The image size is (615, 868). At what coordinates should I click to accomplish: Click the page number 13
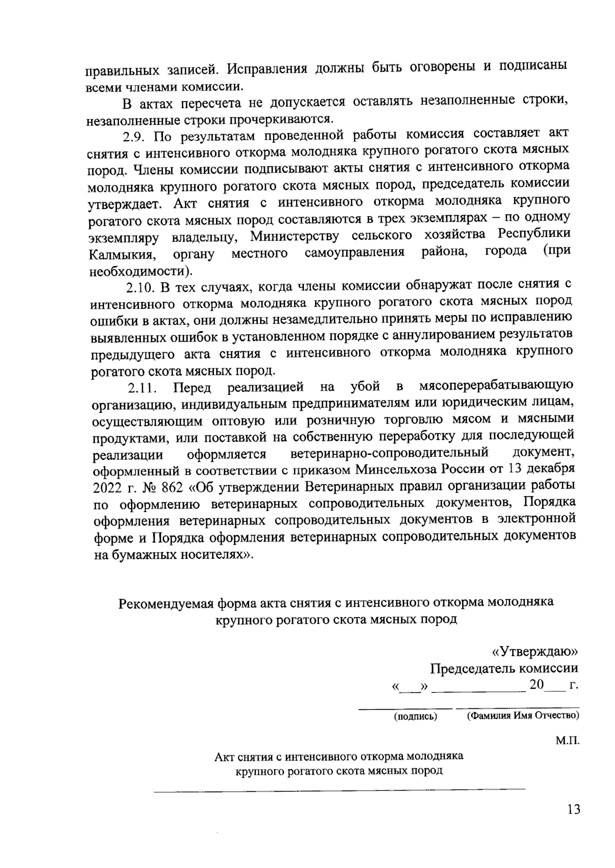point(573,810)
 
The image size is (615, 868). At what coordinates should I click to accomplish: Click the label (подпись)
point(415,716)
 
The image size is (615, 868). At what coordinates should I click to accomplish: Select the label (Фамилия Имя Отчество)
point(523,715)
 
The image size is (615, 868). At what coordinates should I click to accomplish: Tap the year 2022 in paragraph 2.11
point(107,486)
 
